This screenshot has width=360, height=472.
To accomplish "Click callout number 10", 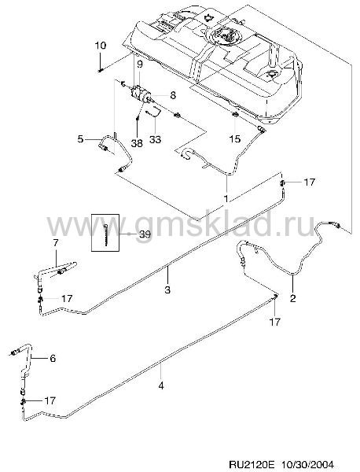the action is tap(101, 46).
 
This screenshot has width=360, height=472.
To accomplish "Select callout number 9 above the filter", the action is tap(140, 65).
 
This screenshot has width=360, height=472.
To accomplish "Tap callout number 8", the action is tap(173, 95).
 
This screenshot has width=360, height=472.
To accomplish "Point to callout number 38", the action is tap(137, 143).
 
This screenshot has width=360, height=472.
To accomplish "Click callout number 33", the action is tap(156, 139).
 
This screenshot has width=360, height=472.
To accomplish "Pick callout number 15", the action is tap(235, 138).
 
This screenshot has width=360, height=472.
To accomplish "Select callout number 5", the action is tap(80, 139).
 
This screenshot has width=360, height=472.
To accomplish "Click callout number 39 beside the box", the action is tap(145, 234).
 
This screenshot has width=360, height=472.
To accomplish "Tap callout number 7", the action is tap(57, 243).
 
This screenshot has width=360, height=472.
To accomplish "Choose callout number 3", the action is tap(167, 289).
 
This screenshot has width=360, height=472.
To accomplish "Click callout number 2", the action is tap(292, 298).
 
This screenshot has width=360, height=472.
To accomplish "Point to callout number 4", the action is tap(161, 385).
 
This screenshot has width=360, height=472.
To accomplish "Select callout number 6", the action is tap(53, 359).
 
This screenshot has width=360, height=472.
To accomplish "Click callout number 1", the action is tap(226, 198).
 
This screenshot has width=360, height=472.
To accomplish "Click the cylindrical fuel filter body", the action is tap(141, 93).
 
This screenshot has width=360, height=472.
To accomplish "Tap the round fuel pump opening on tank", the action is tap(225, 35).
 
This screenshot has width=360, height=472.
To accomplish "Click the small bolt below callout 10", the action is tap(101, 71).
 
